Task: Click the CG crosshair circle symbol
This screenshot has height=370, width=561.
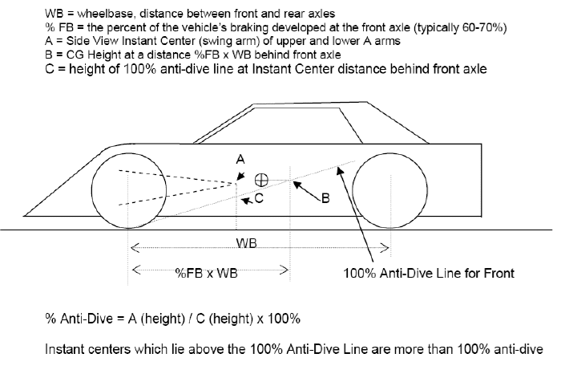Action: (261, 180)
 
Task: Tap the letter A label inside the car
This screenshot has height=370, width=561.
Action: (240, 160)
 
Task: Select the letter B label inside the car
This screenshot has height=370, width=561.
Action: (325, 198)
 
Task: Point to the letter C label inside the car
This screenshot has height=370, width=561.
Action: (259, 198)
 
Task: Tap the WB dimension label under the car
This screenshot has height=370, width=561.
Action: (247, 243)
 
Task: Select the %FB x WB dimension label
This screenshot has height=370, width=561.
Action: (207, 274)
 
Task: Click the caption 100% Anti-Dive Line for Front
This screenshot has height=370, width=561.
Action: (429, 274)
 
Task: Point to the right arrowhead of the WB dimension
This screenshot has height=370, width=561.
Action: (385, 247)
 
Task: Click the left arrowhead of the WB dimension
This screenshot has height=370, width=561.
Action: (135, 247)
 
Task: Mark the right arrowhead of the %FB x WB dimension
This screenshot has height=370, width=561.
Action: (284, 270)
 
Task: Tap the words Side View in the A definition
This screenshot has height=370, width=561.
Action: (92, 41)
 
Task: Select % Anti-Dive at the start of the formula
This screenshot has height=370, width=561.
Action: (79, 319)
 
